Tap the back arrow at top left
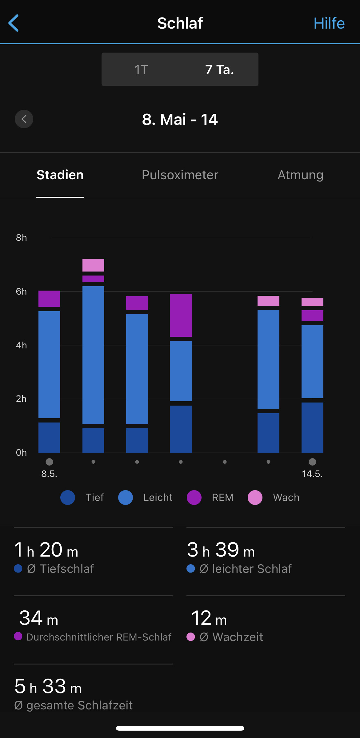(14, 23)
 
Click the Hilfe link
(329, 23)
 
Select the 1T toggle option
(141, 69)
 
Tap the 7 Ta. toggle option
(219, 69)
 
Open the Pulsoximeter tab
(180, 175)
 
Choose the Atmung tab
(300, 175)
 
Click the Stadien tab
(60, 175)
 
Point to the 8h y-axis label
(21, 238)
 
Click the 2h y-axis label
(21, 399)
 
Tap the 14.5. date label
(312, 474)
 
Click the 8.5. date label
(49, 474)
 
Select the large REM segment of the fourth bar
(181, 315)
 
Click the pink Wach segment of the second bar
(93, 265)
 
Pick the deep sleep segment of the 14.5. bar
(312, 427)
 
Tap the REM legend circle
(194, 498)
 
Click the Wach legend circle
(255, 498)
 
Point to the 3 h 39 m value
(221, 550)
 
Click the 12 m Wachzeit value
(209, 618)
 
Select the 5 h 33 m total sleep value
(48, 687)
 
